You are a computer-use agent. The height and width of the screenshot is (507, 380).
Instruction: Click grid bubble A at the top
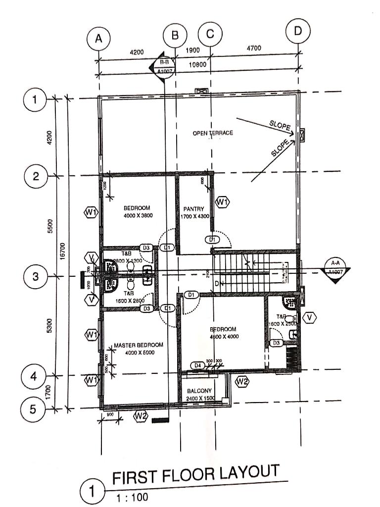(98, 40)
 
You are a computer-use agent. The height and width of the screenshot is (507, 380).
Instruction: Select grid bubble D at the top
(298, 31)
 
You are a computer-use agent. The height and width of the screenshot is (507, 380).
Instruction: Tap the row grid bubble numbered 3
(35, 276)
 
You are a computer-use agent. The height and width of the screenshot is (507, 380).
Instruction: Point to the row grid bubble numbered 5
(33, 409)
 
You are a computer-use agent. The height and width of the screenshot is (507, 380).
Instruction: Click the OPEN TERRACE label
(213, 133)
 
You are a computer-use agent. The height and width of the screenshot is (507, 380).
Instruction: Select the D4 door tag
(198, 365)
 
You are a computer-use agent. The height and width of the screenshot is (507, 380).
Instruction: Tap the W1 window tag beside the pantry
(223, 202)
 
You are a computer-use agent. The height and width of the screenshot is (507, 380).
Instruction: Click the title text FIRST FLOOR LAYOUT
(195, 474)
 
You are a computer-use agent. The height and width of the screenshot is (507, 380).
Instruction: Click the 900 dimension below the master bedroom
(110, 414)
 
